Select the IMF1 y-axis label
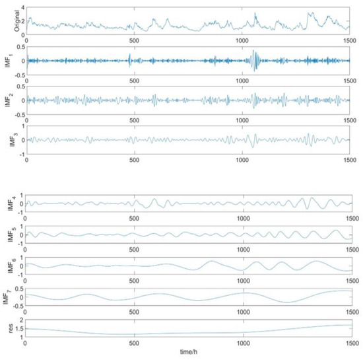click(x=5, y=60)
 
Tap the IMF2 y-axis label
click(x=5, y=100)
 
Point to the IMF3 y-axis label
click(x=5, y=139)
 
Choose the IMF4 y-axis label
click(x=5, y=204)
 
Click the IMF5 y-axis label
click(x=5, y=234)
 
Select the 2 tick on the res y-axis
click(x=22, y=320)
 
